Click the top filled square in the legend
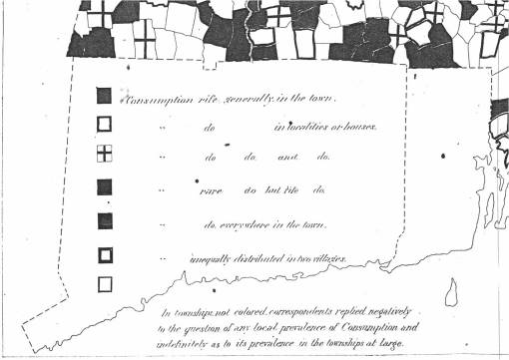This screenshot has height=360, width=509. click(x=104, y=96)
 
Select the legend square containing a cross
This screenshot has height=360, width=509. click(x=104, y=154)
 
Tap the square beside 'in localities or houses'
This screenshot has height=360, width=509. click(x=104, y=125)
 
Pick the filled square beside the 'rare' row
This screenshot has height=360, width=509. click(x=104, y=186)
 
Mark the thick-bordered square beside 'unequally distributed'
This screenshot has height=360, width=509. click(x=104, y=254)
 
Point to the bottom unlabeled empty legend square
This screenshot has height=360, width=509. click(x=104, y=284)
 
